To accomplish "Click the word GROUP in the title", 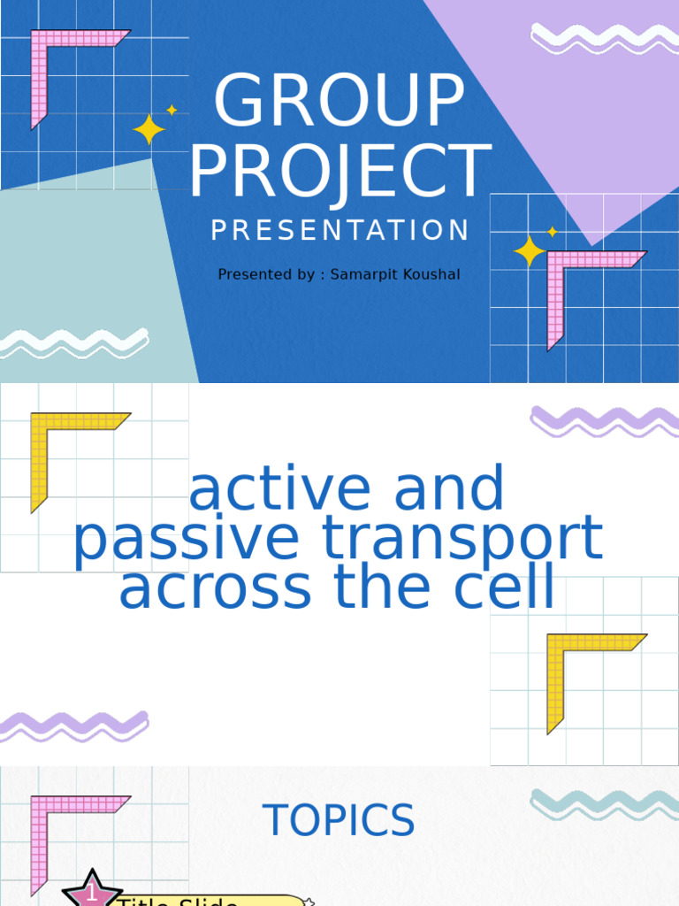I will pos(339,101).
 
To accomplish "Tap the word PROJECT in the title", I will pos(339,172).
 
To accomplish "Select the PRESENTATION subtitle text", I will pos(339,231).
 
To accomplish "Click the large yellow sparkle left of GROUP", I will pos(149,130).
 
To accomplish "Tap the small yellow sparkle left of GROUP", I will pos(172,110).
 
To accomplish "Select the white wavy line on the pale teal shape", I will pos(74,342).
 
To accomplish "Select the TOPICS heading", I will pos(339,821).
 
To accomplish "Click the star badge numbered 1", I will pos(92,892).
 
